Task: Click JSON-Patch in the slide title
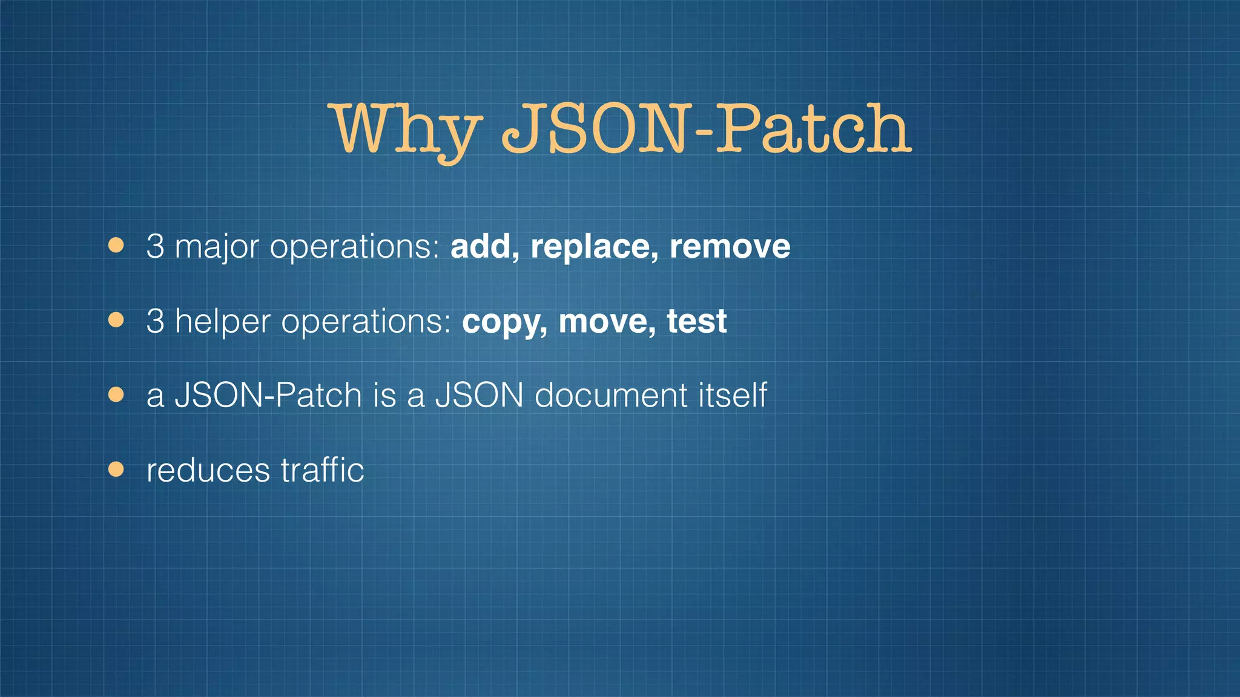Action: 706,128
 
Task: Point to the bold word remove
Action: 730,247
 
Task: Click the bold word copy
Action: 505,322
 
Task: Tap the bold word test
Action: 696,321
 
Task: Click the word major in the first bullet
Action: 217,247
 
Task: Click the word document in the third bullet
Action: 611,396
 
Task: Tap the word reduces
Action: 208,471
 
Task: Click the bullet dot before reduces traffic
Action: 116,470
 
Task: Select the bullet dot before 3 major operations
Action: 116,246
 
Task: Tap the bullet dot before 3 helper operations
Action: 116,320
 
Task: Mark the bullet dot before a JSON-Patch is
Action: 116,395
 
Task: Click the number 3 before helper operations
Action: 155,321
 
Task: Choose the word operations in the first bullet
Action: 354,247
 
